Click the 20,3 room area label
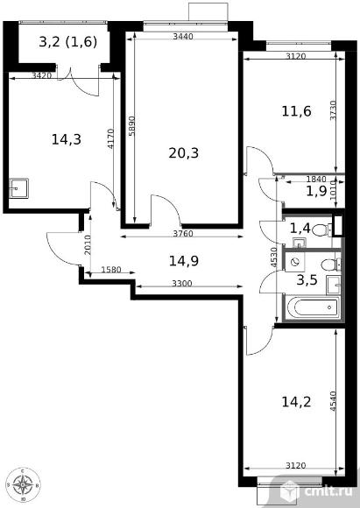coord(183,153)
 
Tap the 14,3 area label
coord(67,139)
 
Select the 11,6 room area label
coord(296,111)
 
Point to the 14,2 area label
coord(296,402)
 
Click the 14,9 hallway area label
coord(184,261)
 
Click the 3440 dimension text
coord(183,36)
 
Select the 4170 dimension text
coord(111,139)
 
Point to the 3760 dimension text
coord(183,233)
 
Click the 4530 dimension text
coord(274,258)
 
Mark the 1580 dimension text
coord(111,270)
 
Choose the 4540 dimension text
coord(334,401)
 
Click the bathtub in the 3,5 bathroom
coord(313,307)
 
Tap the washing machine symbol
coord(295,262)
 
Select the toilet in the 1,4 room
coord(321,229)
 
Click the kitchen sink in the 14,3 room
coord(18,188)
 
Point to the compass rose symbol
coord(23,484)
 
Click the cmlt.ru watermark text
coord(328,490)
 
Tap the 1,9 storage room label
coord(316,192)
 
